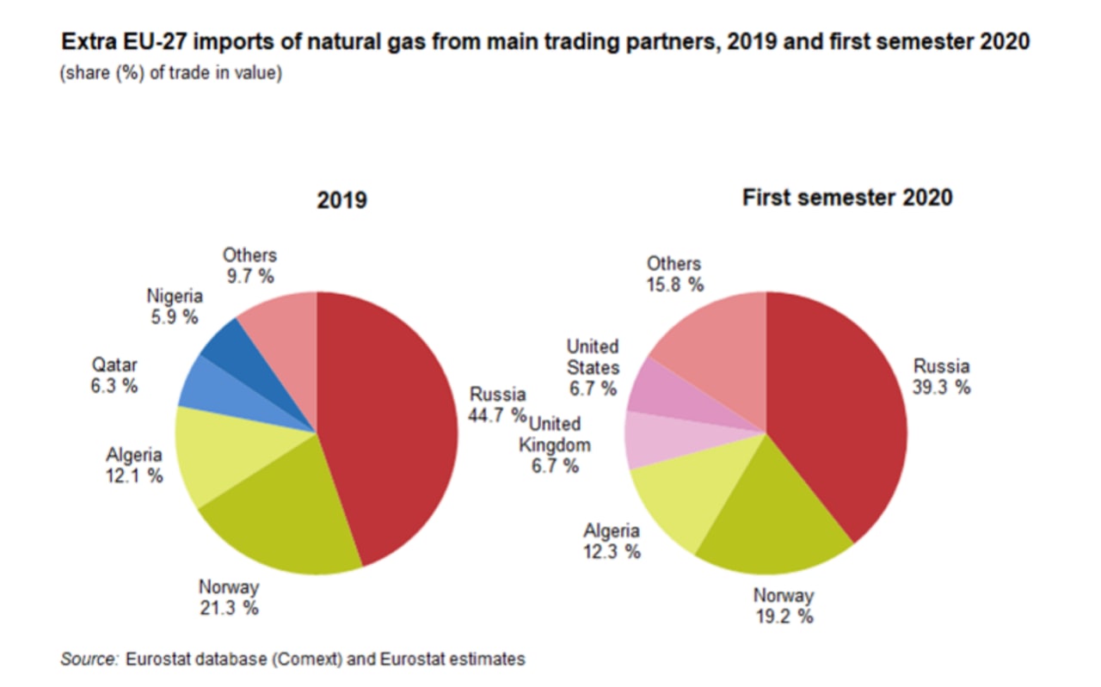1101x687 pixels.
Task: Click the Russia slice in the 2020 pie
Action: (839, 413)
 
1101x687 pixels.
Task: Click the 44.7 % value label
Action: (497, 415)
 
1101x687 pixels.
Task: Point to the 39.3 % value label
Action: (941, 387)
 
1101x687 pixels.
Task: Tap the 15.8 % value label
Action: (674, 285)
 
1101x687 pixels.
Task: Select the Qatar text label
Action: (114, 365)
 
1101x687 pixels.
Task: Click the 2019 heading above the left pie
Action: (341, 200)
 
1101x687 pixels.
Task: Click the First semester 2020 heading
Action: (846, 197)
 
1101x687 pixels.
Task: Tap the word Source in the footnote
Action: (88, 659)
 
